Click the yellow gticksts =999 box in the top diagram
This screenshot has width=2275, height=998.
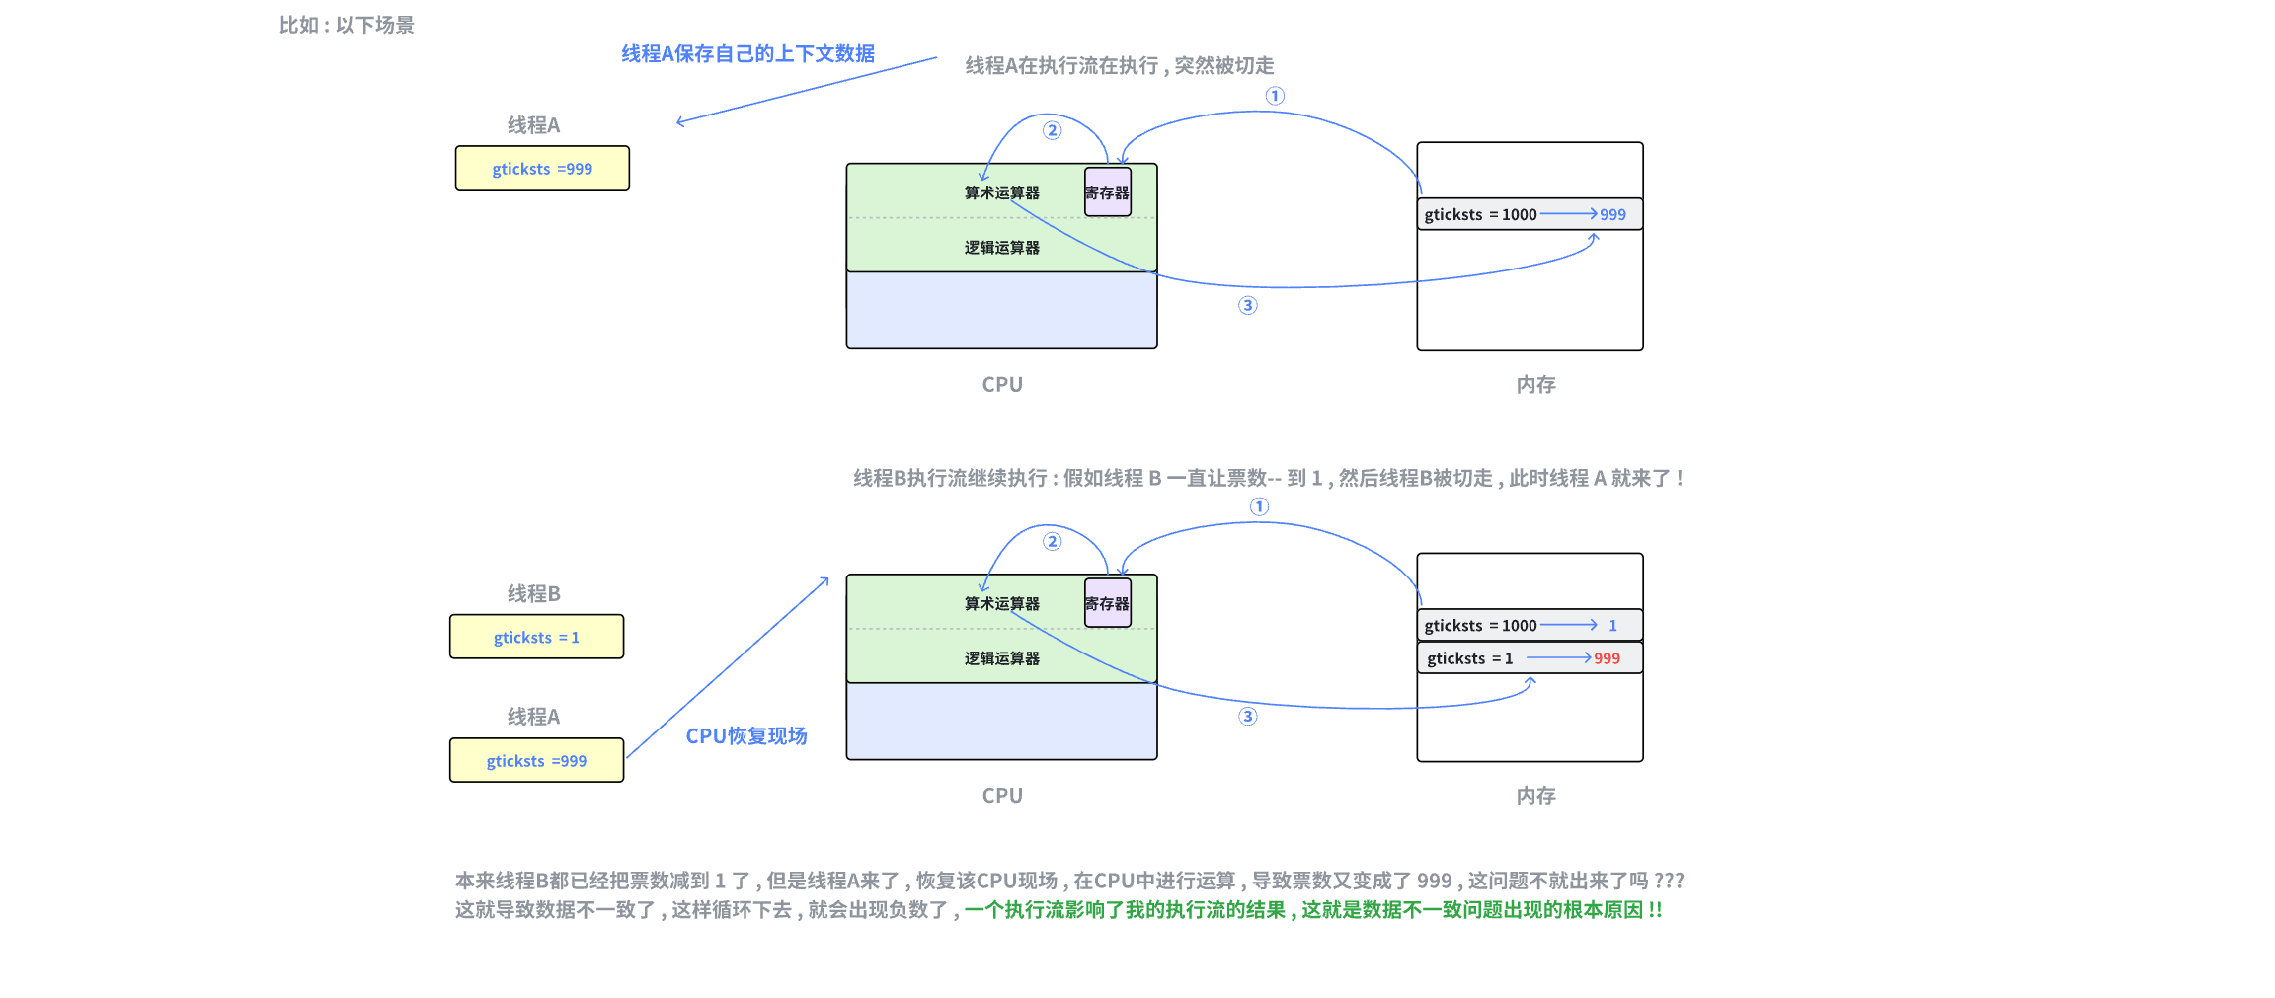point(542,169)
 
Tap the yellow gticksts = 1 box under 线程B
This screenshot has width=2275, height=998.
point(536,638)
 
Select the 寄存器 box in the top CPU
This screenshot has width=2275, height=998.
point(1107,192)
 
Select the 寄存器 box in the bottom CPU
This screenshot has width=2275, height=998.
point(1107,603)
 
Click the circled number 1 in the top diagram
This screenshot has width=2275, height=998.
point(1275,96)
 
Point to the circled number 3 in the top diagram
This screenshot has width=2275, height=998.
point(1248,306)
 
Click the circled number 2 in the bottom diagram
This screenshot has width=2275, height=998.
point(1053,541)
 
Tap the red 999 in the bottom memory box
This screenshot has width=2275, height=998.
point(1607,658)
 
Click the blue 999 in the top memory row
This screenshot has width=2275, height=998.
point(1612,214)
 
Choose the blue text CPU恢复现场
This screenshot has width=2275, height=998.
point(746,736)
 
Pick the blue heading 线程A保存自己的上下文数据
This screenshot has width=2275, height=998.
point(747,54)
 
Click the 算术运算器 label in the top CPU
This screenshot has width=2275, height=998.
point(1001,192)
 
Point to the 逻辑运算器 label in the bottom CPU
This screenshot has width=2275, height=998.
point(1001,658)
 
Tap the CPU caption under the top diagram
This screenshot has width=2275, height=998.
point(1002,385)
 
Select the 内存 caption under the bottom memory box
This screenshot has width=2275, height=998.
point(1535,796)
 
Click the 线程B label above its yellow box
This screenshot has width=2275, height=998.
point(533,594)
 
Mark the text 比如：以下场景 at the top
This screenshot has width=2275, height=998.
point(347,26)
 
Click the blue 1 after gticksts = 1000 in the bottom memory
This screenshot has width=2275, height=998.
point(1612,626)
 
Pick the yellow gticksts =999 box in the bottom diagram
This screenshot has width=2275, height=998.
point(536,761)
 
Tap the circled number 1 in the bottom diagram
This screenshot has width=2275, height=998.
point(1259,506)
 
